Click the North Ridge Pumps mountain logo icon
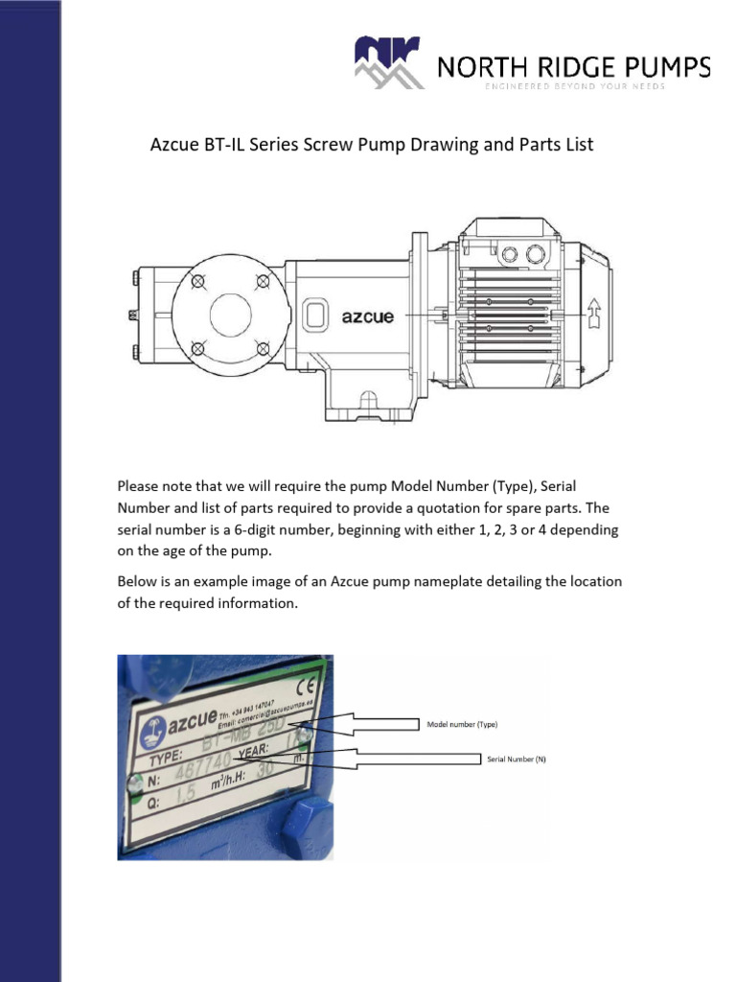pyautogui.click(x=387, y=61)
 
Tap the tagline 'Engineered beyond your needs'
pyautogui.click(x=574, y=87)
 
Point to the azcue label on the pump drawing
pyautogui.click(x=368, y=316)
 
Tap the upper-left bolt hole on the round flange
pyautogui.click(x=197, y=281)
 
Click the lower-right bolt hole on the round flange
pyautogui.click(x=263, y=347)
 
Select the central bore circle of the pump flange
pyautogui.click(x=230, y=314)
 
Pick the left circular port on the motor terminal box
pyautogui.click(x=509, y=254)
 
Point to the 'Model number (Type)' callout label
pyautogui.click(x=462, y=724)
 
